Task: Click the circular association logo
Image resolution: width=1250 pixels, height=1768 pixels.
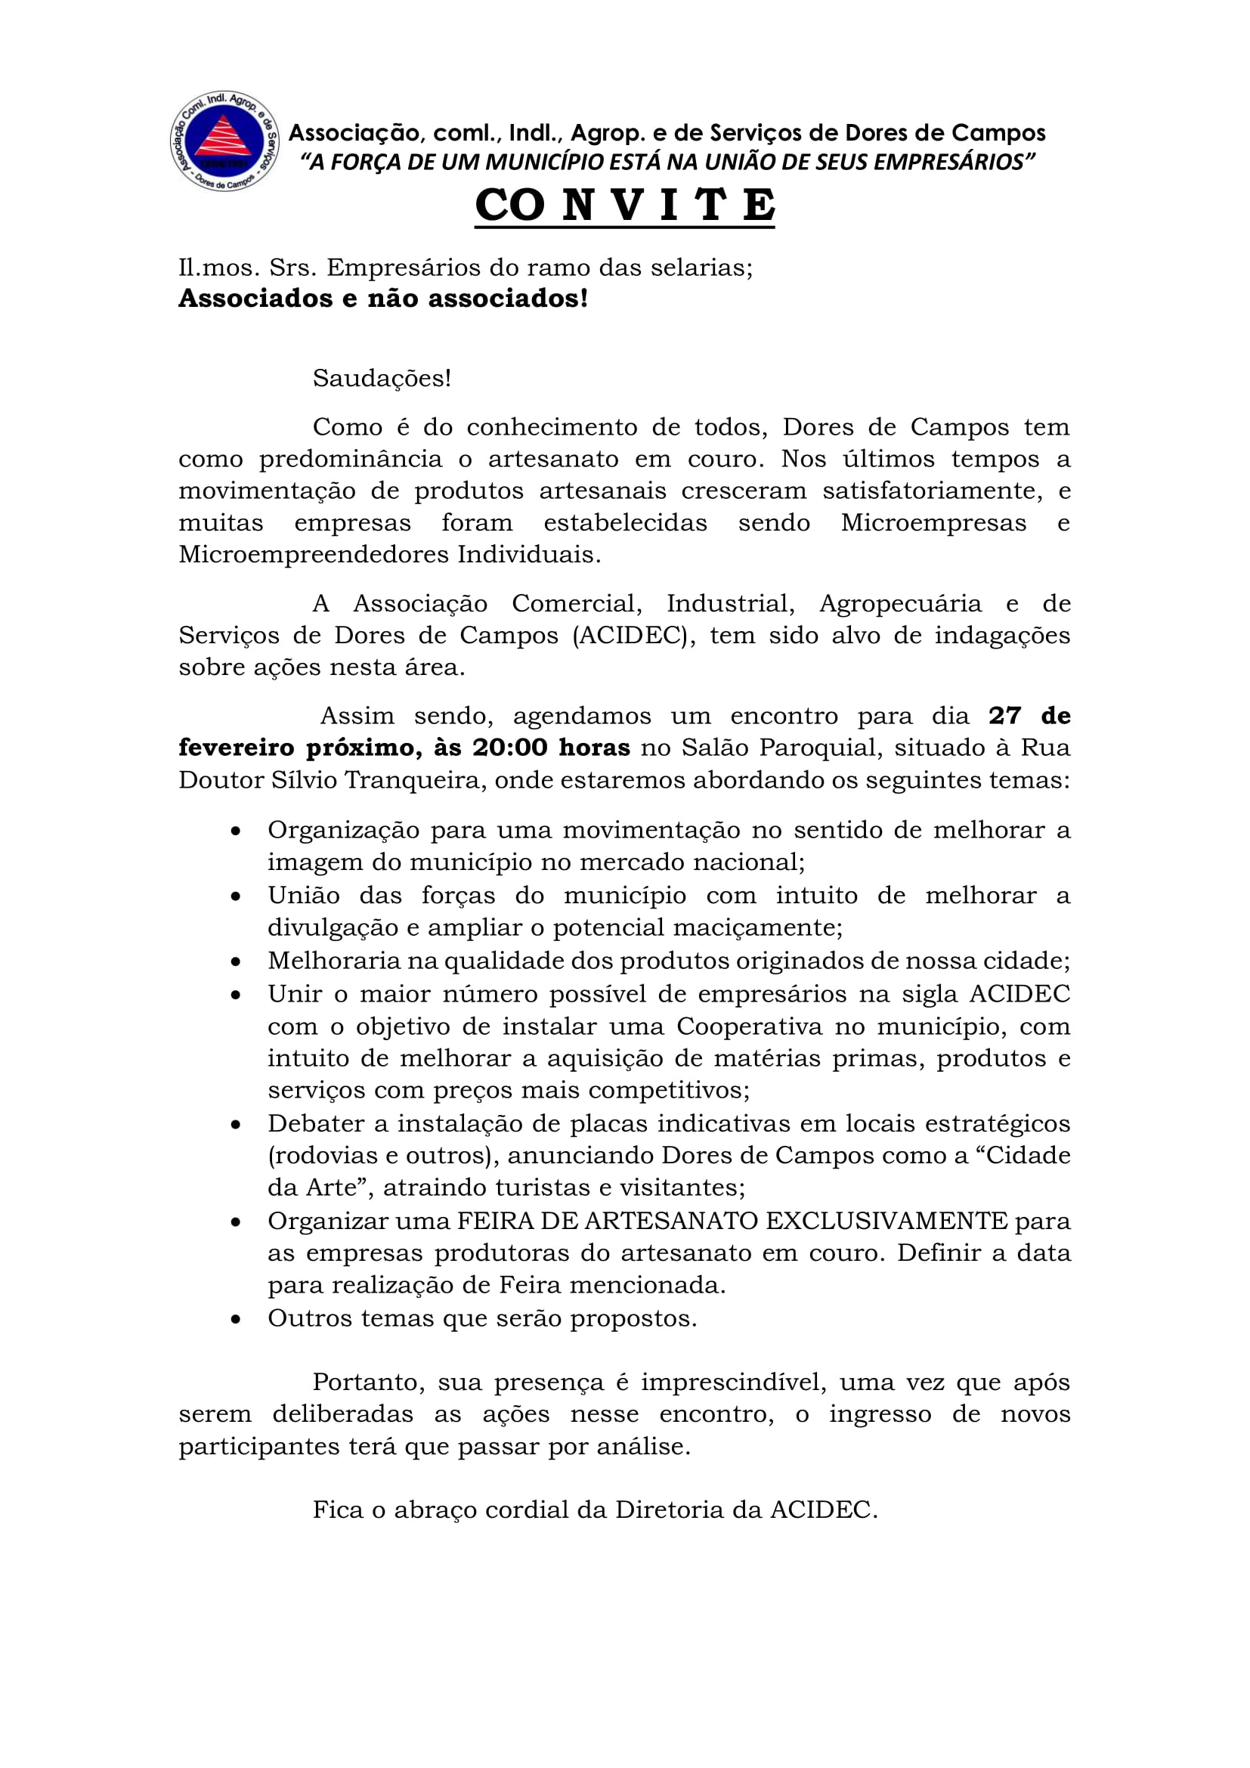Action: click(x=224, y=141)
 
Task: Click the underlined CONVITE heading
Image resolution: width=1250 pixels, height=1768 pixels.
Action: click(x=624, y=205)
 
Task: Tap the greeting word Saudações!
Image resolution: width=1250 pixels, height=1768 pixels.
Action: click(x=382, y=378)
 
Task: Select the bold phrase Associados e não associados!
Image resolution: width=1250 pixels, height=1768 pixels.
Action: click(x=383, y=299)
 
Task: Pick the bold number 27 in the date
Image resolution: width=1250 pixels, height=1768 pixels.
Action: click(x=1004, y=715)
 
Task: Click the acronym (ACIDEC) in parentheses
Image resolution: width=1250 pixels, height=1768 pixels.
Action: click(x=629, y=635)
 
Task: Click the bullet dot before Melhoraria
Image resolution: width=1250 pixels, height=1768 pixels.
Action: click(x=236, y=961)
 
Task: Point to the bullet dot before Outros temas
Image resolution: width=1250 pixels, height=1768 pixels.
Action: click(x=236, y=1320)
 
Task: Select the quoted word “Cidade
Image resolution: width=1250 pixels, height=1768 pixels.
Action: click(x=1028, y=1155)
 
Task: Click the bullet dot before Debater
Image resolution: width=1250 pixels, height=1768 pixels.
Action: click(x=236, y=1125)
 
